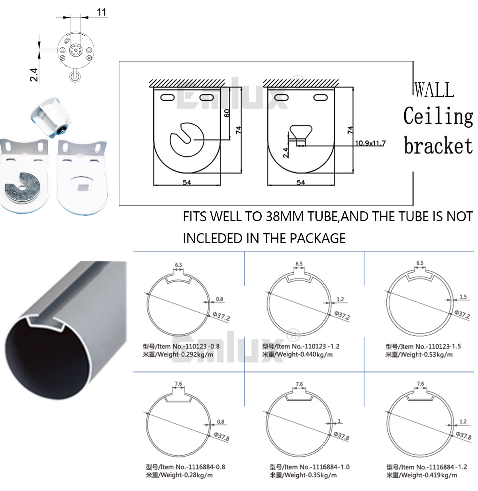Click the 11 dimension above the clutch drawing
(101, 12)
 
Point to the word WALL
(434, 90)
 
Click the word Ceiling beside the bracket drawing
(438, 116)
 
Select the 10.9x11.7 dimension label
(370, 143)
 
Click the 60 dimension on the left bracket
(227, 113)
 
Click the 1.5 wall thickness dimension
(463, 296)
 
